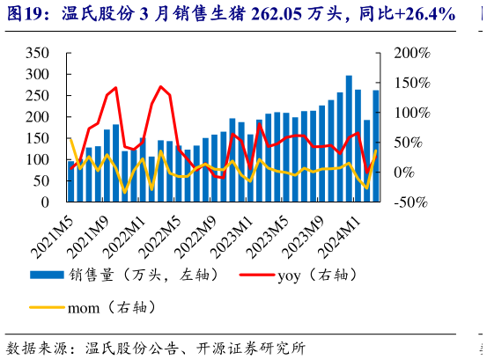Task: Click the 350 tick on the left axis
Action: (36, 53)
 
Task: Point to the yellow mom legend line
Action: (47, 308)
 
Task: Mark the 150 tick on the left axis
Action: (36, 138)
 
